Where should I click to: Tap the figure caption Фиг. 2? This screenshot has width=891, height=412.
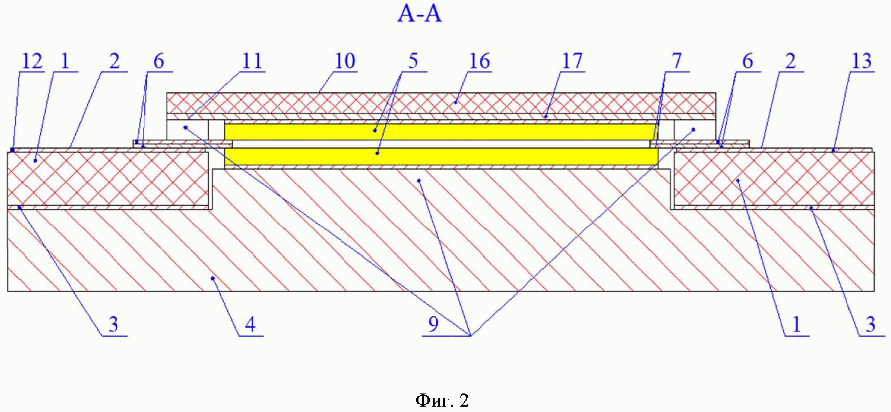pos(442,401)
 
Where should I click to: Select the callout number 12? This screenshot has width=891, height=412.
pos(32,62)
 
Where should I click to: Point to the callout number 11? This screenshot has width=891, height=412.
pos(252,62)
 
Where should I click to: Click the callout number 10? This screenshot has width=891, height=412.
pos(345,62)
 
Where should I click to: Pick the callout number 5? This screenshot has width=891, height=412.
pos(413,62)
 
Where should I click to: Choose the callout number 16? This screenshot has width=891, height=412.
pos(480,62)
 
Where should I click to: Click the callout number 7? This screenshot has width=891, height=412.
pos(676,62)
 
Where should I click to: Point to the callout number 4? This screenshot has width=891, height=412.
pos(250,325)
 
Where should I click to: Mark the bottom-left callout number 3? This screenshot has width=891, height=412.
pos(113,325)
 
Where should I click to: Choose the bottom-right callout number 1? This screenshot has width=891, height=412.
pos(797,325)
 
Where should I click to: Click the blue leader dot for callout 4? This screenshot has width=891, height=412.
pos(213,278)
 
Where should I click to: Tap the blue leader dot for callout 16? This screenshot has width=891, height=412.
pos(456,102)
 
